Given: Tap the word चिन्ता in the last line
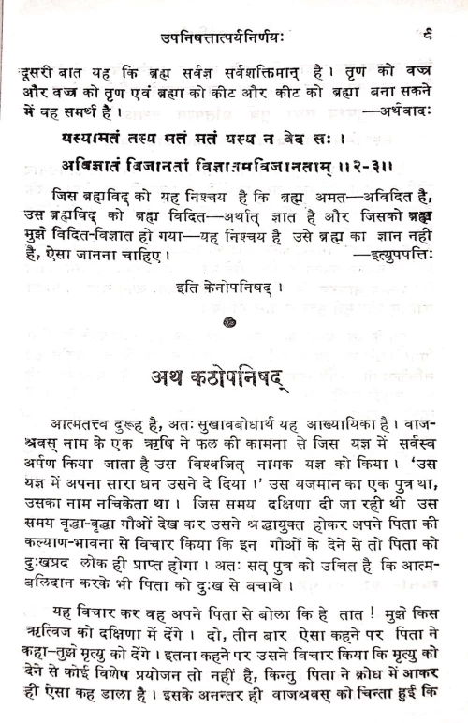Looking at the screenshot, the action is click(x=393, y=707).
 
